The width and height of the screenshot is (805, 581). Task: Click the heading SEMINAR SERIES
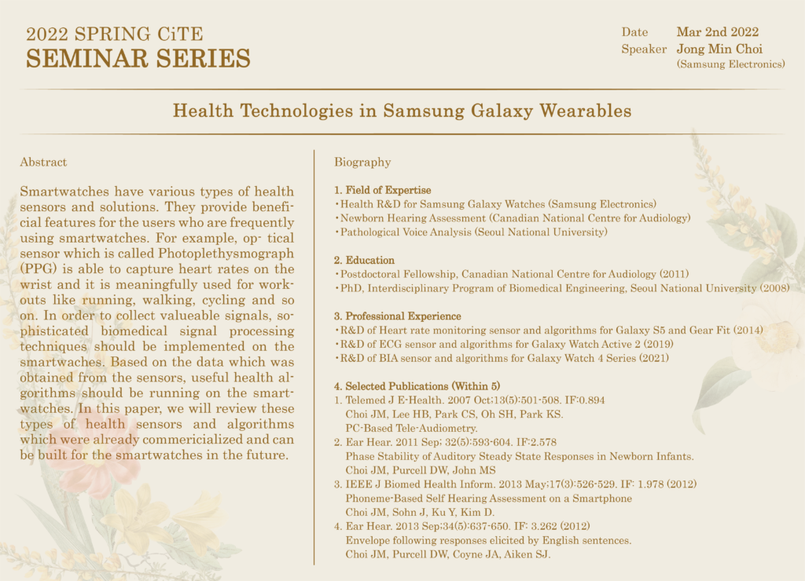tap(138, 58)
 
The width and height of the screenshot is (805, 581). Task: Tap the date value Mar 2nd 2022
tap(717, 32)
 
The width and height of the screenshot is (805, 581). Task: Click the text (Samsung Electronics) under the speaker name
tap(730, 64)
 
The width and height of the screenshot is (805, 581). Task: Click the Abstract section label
tap(43, 163)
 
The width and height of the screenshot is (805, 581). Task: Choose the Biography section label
tap(362, 163)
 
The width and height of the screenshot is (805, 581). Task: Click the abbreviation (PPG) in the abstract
tap(37, 269)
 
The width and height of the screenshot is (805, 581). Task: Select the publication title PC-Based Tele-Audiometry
tap(411, 428)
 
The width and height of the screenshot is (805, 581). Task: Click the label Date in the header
tap(634, 32)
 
